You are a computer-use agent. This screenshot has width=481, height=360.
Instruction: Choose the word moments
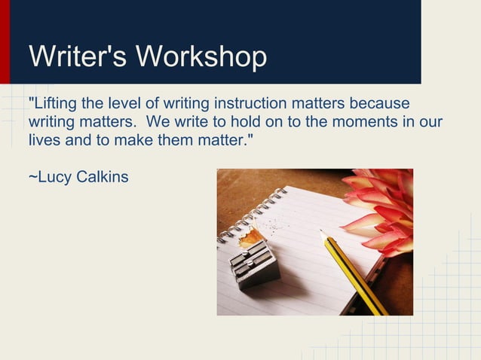358,121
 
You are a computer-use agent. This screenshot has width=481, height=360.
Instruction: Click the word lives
43,140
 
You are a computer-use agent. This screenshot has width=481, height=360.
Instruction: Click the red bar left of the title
5,41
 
